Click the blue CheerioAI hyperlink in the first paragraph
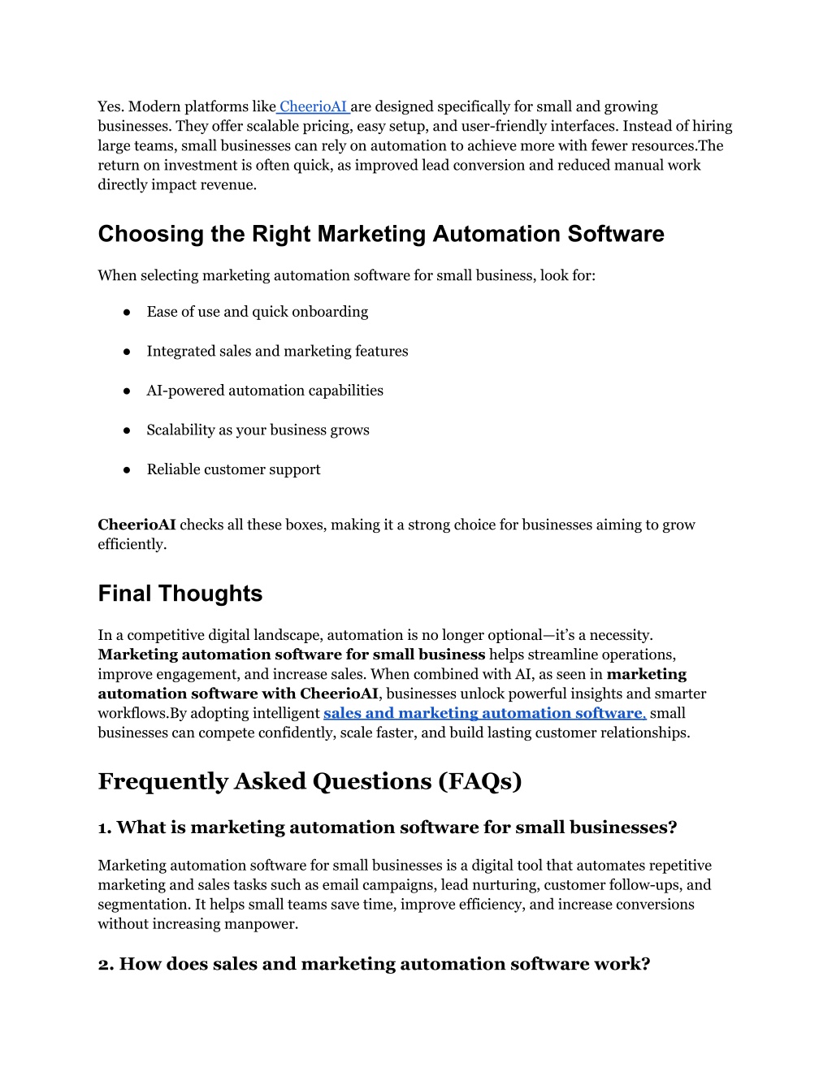tap(314, 106)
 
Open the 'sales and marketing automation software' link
tap(484, 713)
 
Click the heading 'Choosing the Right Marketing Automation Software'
tap(381, 234)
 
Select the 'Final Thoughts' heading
tap(180, 594)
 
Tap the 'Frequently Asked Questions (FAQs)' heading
tap(310, 781)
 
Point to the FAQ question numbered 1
tap(388, 828)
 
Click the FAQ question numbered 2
tap(374, 964)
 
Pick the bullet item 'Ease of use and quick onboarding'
tap(258, 312)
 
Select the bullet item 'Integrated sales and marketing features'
tap(277, 351)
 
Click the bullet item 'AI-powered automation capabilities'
tap(265, 391)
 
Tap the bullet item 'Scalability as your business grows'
tap(258, 430)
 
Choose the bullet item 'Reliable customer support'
tap(233, 469)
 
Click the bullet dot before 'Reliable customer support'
tap(128, 470)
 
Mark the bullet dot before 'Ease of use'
tap(128, 313)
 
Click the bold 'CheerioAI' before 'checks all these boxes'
tap(136, 525)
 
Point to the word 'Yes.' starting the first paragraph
tap(110, 106)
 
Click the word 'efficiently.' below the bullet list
tap(132, 544)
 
